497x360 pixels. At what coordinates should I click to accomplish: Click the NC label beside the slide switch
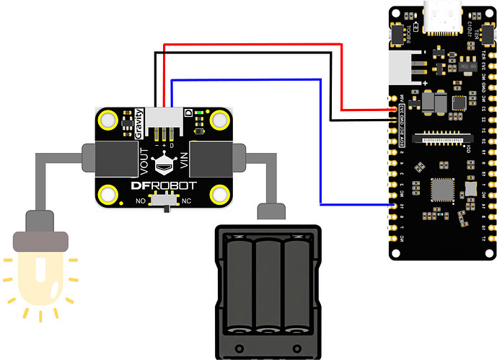(186, 201)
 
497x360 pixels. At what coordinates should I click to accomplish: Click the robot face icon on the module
(164, 165)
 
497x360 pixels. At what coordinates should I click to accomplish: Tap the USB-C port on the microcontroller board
(442, 19)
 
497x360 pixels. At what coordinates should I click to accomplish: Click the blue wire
(320, 144)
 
